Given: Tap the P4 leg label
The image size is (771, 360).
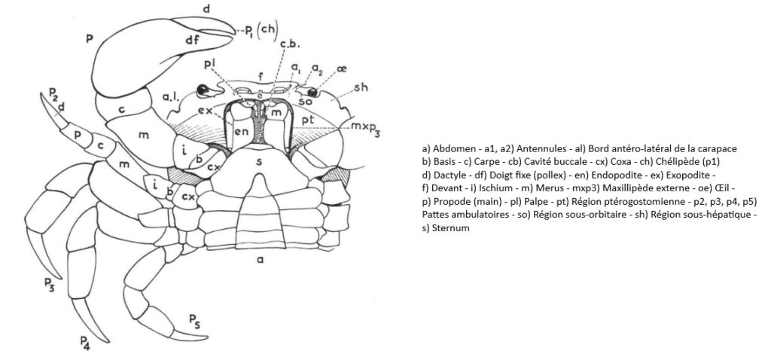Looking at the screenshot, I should [84, 343].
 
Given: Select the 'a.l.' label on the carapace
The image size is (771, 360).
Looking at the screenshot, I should [170, 96].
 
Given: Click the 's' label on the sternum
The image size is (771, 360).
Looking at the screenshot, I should [260, 161].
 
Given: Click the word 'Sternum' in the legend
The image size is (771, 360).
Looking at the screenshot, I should [447, 227].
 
